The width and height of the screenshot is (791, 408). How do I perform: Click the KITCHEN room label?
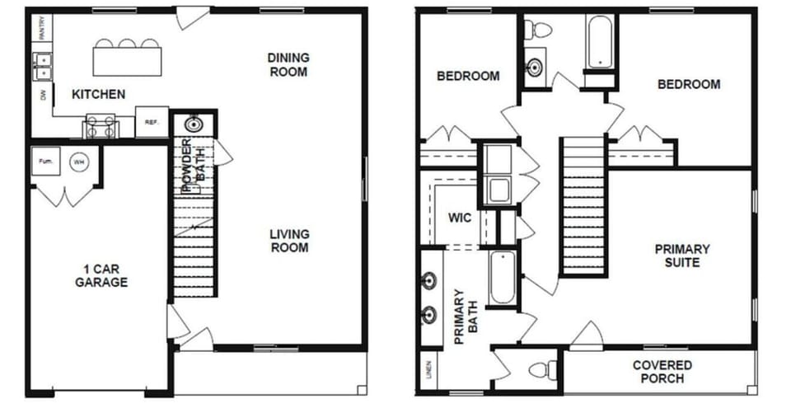click(x=99, y=95)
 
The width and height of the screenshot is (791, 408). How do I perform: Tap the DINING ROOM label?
click(x=288, y=64)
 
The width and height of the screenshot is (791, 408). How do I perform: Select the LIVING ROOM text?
click(x=288, y=241)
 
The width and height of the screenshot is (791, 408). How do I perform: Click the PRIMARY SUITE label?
click(x=681, y=256)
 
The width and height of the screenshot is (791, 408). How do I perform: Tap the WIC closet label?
click(x=459, y=218)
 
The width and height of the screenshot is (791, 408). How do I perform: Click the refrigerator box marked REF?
click(x=152, y=122)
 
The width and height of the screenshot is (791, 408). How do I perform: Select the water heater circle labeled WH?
click(x=79, y=162)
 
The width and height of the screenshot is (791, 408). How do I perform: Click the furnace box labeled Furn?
click(x=45, y=162)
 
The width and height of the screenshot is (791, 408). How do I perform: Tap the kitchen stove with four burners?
click(x=101, y=127)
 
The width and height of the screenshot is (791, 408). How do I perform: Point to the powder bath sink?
click(x=194, y=124)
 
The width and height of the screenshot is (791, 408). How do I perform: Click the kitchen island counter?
click(x=127, y=60)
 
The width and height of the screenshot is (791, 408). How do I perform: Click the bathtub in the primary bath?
click(x=502, y=279)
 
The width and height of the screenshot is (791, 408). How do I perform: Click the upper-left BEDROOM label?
click(x=467, y=76)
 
